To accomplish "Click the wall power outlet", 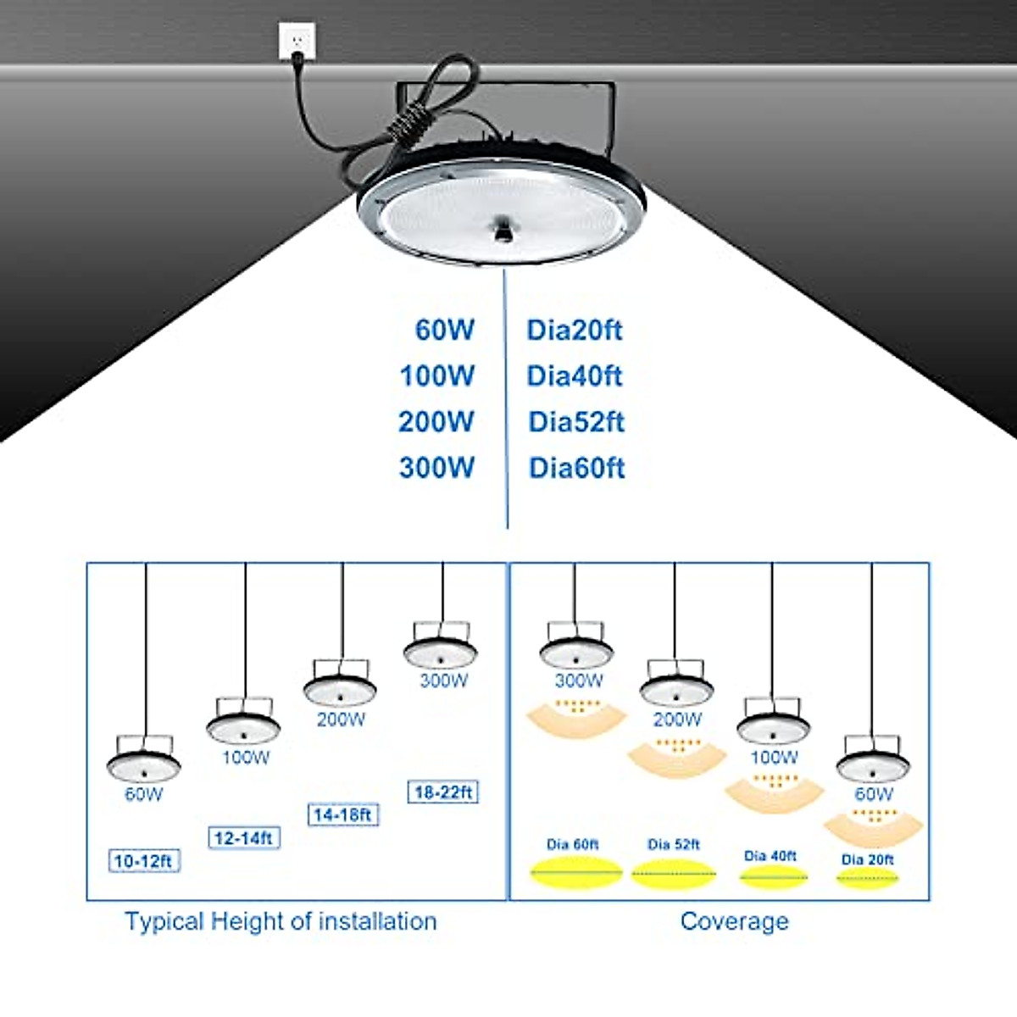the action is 297,41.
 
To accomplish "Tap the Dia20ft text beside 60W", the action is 574,330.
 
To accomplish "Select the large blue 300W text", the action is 436,467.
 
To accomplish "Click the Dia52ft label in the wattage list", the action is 576,421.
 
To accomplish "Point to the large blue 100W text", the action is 436,375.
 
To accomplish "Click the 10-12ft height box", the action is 143,861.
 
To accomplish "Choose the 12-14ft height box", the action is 243,838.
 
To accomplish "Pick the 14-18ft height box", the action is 342,815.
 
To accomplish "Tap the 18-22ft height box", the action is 442,792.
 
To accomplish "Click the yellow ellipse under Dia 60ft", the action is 575,872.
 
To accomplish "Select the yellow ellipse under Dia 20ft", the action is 867,879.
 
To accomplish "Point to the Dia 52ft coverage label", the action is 674,844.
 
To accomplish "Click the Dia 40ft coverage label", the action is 770,856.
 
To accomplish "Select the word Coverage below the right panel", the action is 734,921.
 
